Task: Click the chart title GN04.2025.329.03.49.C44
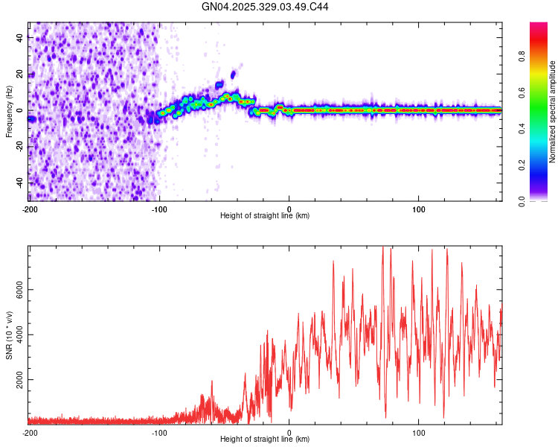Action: point(266,7)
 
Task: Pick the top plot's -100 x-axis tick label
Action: point(159,209)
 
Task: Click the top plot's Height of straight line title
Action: point(265,216)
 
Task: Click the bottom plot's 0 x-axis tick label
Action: point(289,433)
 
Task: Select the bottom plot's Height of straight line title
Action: point(265,440)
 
